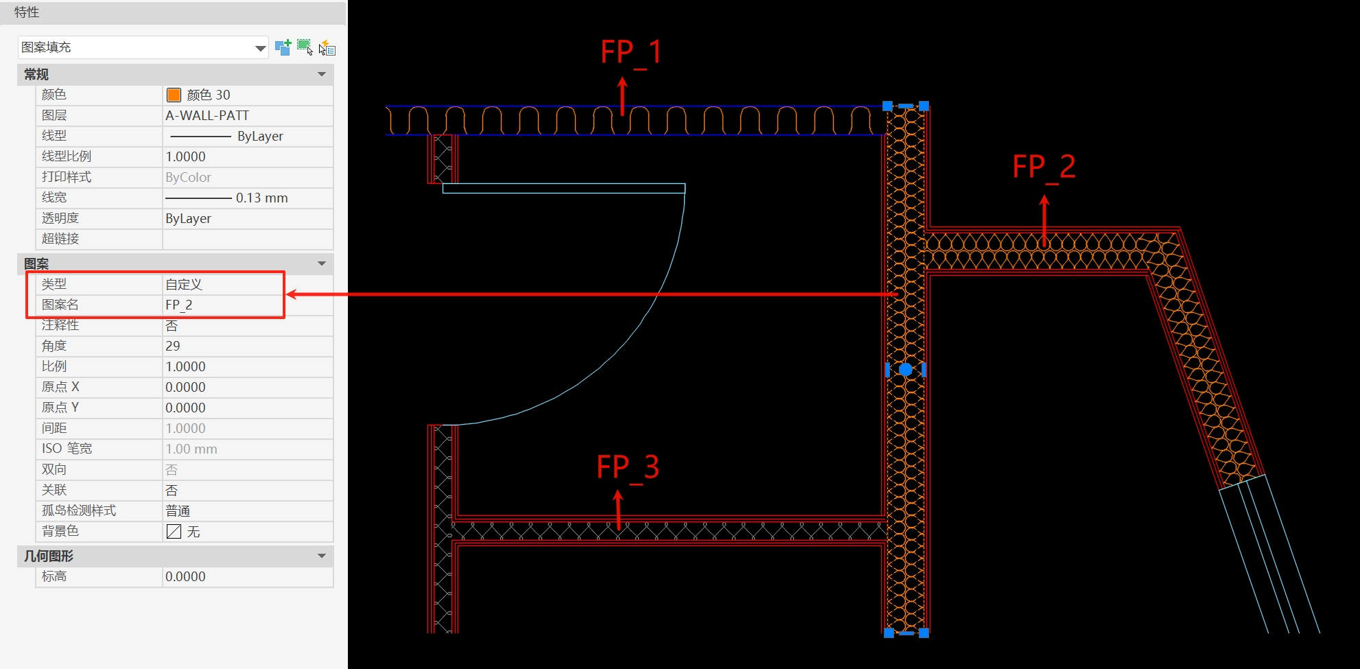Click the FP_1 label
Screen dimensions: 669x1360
click(x=631, y=52)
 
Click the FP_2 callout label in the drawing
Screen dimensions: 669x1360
click(x=1043, y=167)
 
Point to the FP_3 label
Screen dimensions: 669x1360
click(x=627, y=467)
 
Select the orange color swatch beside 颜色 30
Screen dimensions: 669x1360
click(x=174, y=95)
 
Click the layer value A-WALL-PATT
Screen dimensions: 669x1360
click(x=207, y=115)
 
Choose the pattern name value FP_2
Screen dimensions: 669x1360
click(x=179, y=305)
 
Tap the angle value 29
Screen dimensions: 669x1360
click(x=173, y=346)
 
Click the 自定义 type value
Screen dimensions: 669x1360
click(x=184, y=284)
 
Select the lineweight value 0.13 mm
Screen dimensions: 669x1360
click(x=261, y=198)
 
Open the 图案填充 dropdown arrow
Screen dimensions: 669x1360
click(x=260, y=48)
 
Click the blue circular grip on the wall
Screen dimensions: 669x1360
click(x=905, y=370)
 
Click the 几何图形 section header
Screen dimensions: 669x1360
click(x=49, y=556)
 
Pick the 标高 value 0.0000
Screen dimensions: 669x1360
click(x=185, y=576)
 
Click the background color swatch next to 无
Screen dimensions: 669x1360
click(x=174, y=531)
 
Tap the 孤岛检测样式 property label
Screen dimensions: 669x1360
click(x=79, y=510)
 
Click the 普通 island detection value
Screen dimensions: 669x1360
click(x=178, y=510)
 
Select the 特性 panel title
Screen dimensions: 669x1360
click(x=27, y=12)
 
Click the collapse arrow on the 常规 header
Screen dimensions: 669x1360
click(x=321, y=74)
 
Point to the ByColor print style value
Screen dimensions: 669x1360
click(x=188, y=177)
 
